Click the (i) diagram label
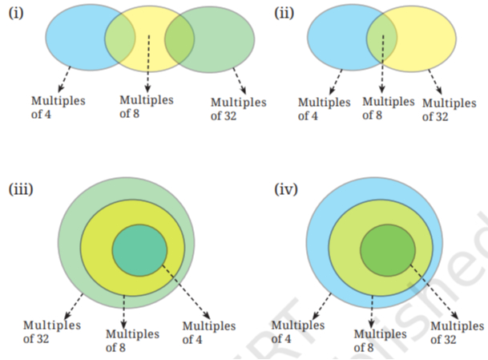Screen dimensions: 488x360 coord(16,13)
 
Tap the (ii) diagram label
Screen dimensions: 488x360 coord(284,13)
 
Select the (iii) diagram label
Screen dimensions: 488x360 coord(21,189)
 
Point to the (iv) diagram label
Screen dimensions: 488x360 coord(286,189)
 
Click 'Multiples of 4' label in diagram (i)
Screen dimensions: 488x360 coord(58,107)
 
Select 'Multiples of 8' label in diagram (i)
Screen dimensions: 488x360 coord(147,107)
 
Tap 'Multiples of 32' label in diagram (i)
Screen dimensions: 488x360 coord(239,109)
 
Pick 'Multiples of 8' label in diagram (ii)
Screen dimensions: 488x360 coord(389,108)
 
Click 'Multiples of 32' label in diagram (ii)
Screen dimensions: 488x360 coord(449,110)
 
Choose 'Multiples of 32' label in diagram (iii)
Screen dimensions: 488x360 coord(52,332)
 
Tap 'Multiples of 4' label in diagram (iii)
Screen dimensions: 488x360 coord(209,333)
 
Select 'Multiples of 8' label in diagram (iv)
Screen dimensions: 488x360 coord(381,341)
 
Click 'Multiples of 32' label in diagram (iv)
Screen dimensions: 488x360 coord(458,333)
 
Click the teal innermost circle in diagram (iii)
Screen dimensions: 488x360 coord(139,250)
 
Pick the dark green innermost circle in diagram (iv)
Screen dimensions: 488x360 coord(388,250)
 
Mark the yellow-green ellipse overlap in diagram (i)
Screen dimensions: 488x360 coord(179,39)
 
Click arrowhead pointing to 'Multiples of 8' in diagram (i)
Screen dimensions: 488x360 coord(147,89)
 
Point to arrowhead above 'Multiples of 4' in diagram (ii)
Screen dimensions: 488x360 coord(332,91)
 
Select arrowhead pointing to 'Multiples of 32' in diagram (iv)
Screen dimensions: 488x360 coord(454,315)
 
